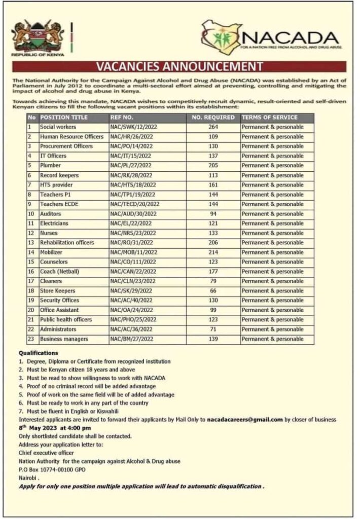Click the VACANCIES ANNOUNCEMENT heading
[179, 67]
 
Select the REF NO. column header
[122, 118]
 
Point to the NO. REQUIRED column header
[213, 118]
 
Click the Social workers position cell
[58, 127]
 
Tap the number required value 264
[213, 127]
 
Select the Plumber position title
[50, 166]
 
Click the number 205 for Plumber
[213, 166]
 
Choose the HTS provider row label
[57, 185]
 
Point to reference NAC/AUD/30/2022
[133, 214]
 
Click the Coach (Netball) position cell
[59, 272]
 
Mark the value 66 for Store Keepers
[213, 291]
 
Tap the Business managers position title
[64, 339]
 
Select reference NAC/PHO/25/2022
[133, 320]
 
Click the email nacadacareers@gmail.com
[245, 420]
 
